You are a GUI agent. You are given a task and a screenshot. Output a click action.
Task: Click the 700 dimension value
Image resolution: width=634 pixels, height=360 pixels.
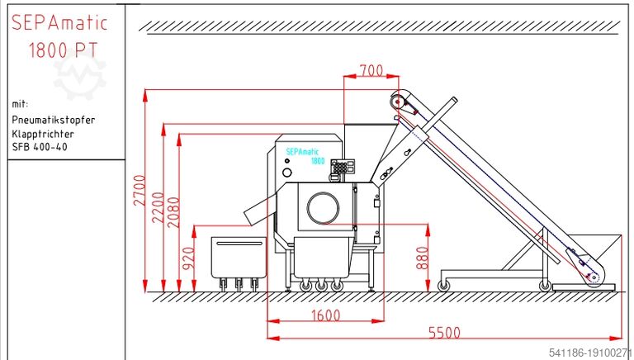tap(371, 71)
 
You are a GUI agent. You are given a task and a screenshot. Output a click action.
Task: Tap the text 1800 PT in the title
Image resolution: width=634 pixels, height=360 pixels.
tap(64, 50)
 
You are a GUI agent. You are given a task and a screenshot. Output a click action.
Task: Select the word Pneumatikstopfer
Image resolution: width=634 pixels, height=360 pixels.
tap(54, 120)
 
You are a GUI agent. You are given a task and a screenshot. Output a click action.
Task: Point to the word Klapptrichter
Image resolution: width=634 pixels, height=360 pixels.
tap(43, 134)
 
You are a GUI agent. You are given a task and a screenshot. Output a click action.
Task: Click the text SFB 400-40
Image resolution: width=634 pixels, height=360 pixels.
tap(40, 148)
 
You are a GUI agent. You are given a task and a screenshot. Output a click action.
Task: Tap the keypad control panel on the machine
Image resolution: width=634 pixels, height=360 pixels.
tap(339, 167)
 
